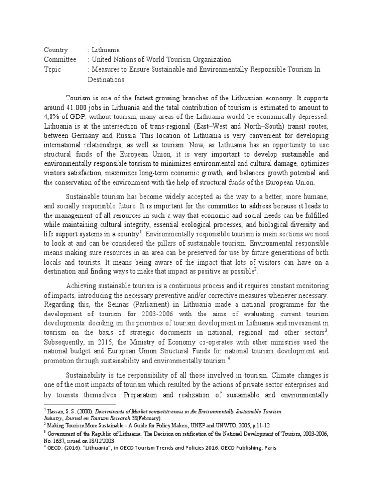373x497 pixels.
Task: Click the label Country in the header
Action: [x=56, y=50]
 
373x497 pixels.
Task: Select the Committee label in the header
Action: [x=60, y=60]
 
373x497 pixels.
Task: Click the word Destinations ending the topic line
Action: [x=106, y=79]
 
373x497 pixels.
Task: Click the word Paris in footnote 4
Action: [x=268, y=448]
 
